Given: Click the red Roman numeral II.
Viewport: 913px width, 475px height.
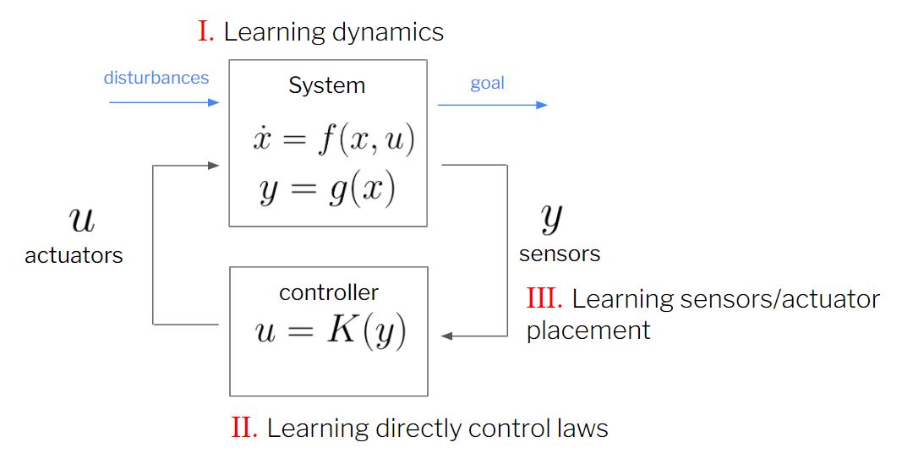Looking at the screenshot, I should (243, 429).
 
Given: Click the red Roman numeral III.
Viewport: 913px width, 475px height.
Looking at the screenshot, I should (544, 298).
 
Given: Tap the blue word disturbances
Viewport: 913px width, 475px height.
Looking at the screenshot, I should (156, 78).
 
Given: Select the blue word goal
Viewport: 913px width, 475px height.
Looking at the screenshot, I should (487, 83).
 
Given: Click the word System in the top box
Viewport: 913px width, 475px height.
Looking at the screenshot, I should (326, 85).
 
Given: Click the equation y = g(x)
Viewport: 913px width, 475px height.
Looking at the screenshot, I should (327, 192).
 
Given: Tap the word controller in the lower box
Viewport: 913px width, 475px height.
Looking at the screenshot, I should (328, 292).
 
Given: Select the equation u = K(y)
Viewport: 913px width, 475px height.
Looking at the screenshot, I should (331, 332).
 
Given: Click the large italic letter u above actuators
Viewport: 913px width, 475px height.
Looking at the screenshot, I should (81, 221).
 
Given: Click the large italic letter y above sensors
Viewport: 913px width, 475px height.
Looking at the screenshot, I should (551, 220).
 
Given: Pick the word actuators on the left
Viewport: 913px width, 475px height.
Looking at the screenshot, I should (74, 255).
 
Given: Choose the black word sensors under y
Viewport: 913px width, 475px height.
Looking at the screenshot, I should (559, 254).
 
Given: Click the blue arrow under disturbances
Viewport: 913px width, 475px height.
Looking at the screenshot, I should (164, 102).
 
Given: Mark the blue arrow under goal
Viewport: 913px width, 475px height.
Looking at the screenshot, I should (492, 105).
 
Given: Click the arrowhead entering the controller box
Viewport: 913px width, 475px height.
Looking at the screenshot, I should (447, 336).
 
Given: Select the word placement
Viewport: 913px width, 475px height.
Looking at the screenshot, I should (588, 330).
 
